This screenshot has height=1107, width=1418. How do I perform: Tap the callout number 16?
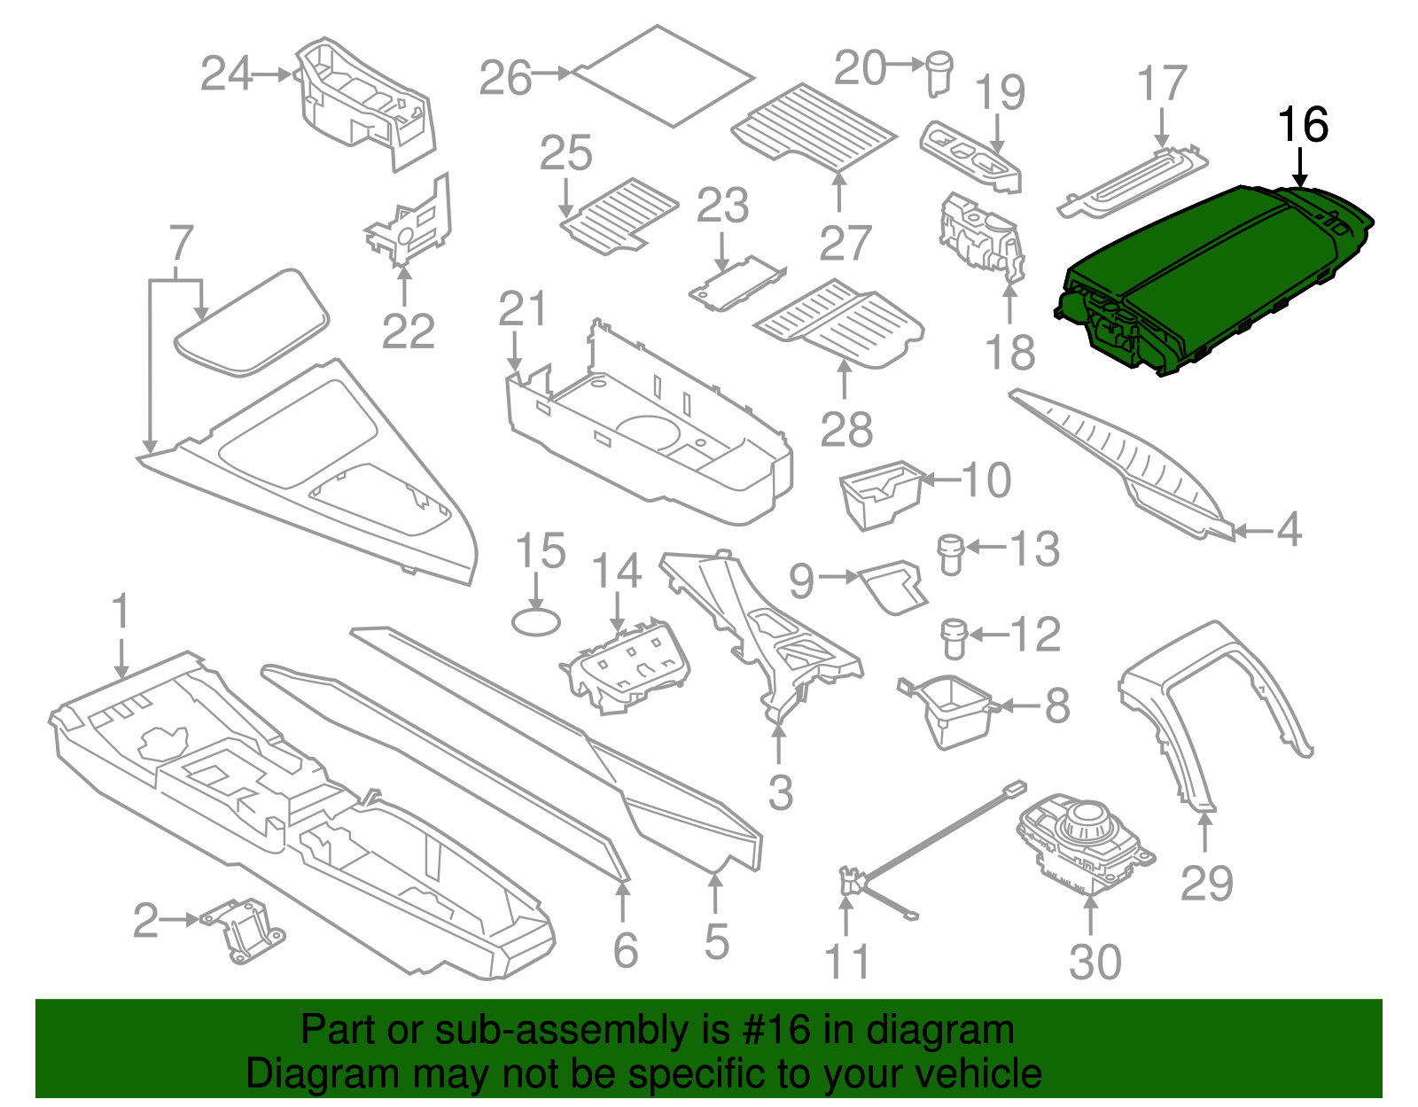click(1302, 126)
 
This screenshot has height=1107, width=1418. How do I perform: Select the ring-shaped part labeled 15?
click(535, 621)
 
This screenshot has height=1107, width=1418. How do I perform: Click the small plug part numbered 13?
click(950, 553)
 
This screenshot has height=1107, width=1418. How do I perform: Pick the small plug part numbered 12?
click(953, 637)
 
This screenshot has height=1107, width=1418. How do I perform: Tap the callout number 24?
click(227, 74)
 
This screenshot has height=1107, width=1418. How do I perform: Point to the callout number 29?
click(1206, 884)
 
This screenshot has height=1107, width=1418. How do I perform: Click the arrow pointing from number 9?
click(838, 577)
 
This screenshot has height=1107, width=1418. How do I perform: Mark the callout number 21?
click(523, 309)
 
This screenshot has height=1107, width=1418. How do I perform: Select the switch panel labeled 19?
click(970, 156)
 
